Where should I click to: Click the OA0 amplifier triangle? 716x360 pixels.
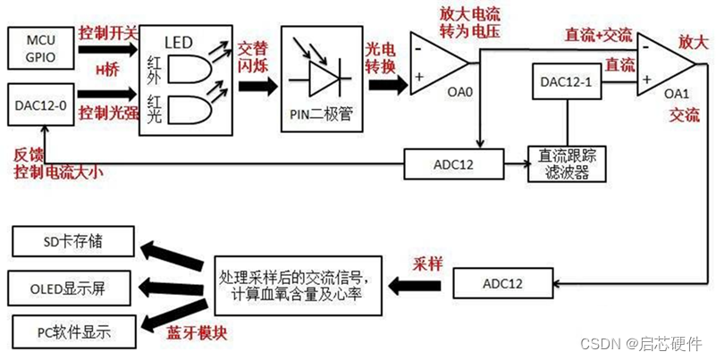click(435, 63)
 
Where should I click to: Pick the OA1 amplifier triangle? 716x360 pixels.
click(664, 68)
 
